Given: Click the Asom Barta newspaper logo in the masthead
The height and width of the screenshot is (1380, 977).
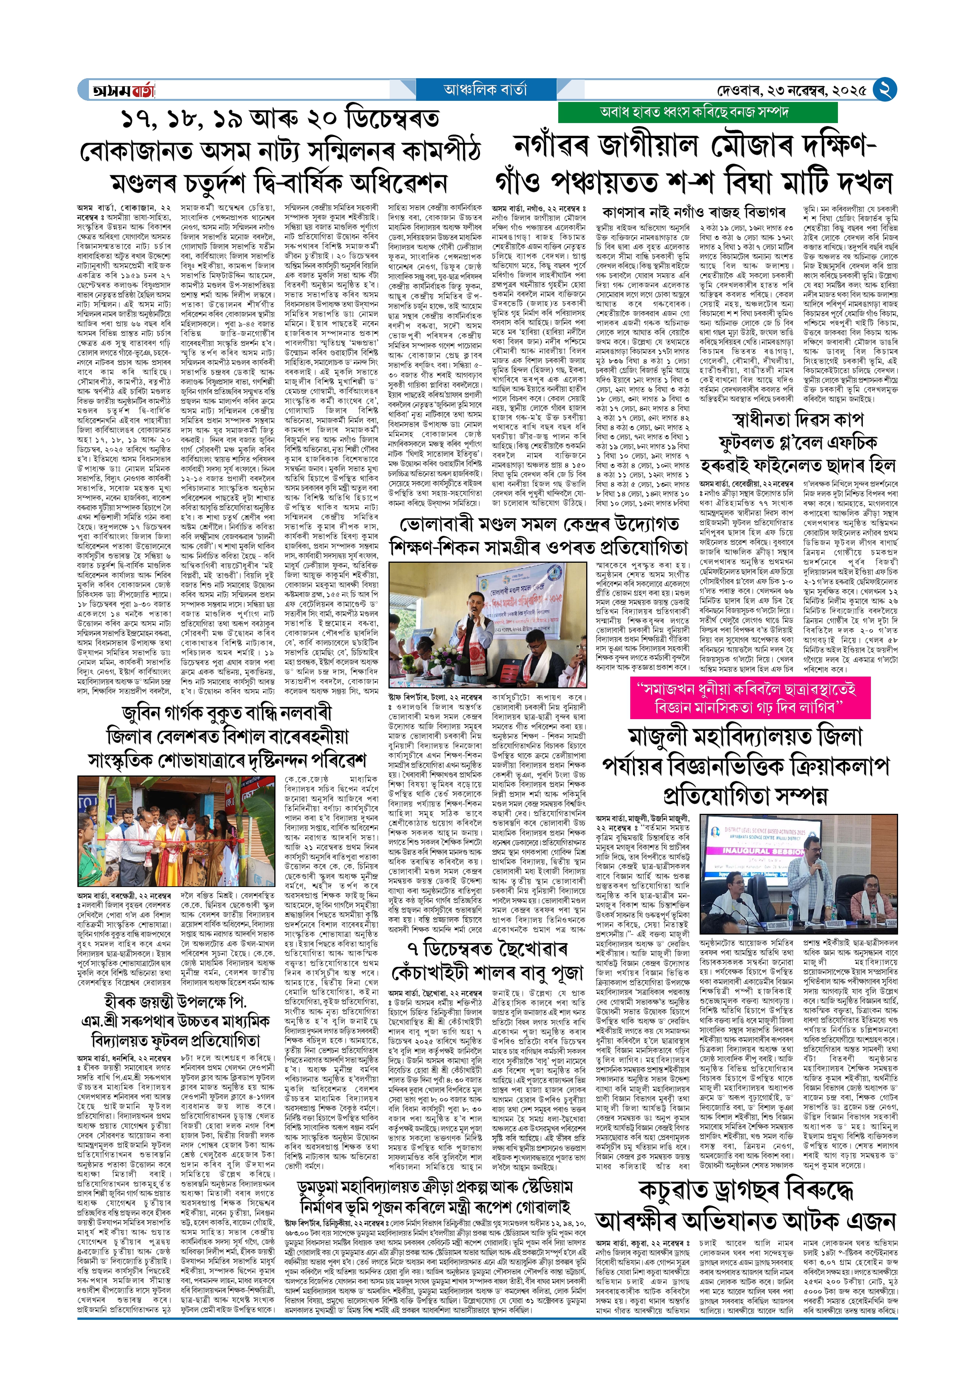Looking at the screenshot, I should coord(123,90).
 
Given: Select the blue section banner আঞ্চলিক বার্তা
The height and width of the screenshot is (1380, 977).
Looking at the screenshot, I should coord(485,90).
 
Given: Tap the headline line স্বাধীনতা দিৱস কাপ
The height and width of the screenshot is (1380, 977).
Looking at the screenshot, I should coord(798,419).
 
